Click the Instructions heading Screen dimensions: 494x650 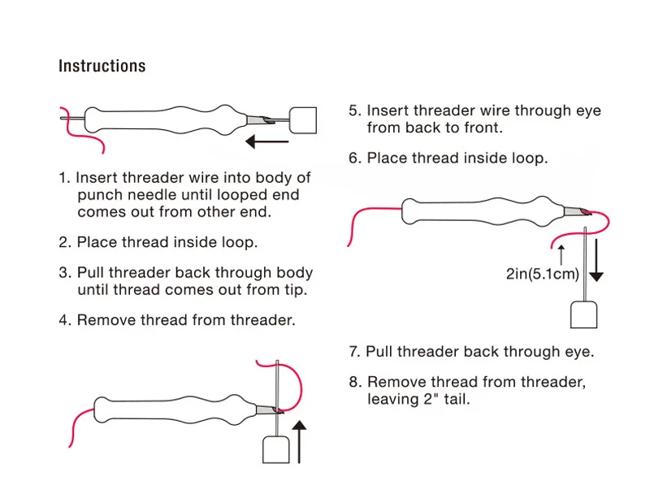tap(102, 67)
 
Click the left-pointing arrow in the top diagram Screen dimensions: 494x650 tap(267, 142)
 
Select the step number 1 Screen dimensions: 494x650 tap(63, 178)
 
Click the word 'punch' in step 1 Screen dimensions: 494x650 tap(97, 195)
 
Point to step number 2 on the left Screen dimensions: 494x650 tap(64, 242)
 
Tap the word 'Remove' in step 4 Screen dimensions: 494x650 tap(102, 320)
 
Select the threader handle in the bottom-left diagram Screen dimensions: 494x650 tap(275, 448)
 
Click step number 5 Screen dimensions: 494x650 tap(354, 110)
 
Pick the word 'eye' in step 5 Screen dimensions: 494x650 tap(587, 110)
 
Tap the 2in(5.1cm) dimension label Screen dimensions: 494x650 tap(542, 274)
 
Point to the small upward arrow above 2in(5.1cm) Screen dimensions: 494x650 tap(560, 251)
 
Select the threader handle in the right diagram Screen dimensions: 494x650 tap(585, 314)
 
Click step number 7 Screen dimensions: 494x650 tap(354, 352)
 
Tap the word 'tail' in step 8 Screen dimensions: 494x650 tap(455, 399)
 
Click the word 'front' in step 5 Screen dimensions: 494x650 tap(481, 128)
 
